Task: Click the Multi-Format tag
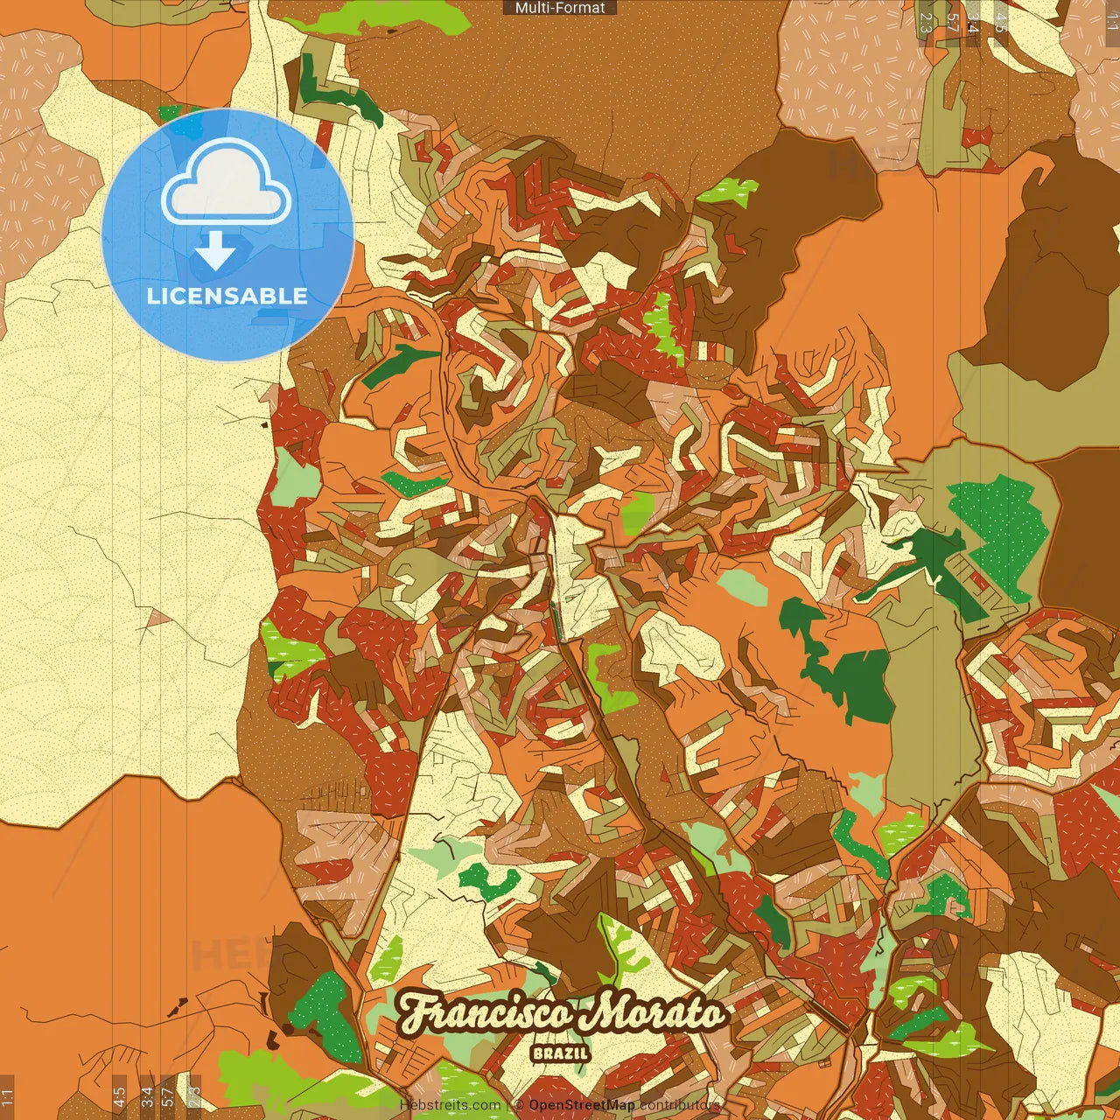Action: click(x=560, y=8)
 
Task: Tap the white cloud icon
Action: click(x=227, y=185)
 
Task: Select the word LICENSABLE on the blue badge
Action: click(x=227, y=296)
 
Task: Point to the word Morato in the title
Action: click(x=657, y=1014)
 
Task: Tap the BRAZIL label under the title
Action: click(x=560, y=1053)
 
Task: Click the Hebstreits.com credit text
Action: click(x=450, y=1105)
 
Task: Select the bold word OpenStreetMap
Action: click(x=582, y=1105)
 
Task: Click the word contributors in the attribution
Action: click(x=680, y=1105)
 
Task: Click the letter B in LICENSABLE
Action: click(x=273, y=296)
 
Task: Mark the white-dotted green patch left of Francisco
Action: click(x=326, y=1015)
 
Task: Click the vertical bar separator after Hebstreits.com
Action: click(x=507, y=1105)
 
